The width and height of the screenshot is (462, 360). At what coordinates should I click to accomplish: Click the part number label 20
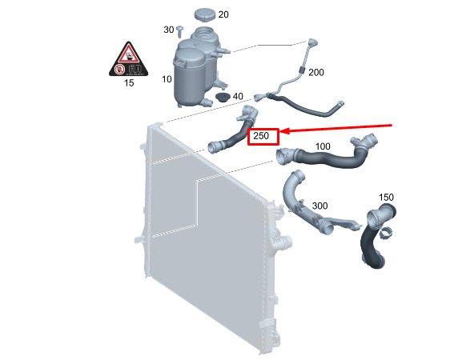(x=223, y=14)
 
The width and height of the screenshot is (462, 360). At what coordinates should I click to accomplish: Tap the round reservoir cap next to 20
(x=205, y=14)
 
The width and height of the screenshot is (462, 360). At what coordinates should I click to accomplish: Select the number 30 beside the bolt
(x=169, y=30)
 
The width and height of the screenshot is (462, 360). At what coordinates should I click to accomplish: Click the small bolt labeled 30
(x=180, y=31)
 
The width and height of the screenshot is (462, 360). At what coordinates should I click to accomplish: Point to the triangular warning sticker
(x=128, y=59)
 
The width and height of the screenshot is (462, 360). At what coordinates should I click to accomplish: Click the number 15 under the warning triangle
(x=129, y=82)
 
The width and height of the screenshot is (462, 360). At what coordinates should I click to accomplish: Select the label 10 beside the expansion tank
(x=167, y=79)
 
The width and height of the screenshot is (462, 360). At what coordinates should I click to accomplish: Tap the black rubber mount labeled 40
(x=223, y=97)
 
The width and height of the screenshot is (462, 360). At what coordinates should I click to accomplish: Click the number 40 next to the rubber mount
(x=238, y=96)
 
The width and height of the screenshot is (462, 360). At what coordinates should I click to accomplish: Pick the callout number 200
(x=316, y=72)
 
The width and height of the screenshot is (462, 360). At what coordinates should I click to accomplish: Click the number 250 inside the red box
(x=261, y=136)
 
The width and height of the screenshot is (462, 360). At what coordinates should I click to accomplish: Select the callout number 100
(x=323, y=146)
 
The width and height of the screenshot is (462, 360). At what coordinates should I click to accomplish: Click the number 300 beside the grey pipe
(x=319, y=206)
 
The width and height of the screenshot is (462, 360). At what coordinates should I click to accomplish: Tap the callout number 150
(x=386, y=197)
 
